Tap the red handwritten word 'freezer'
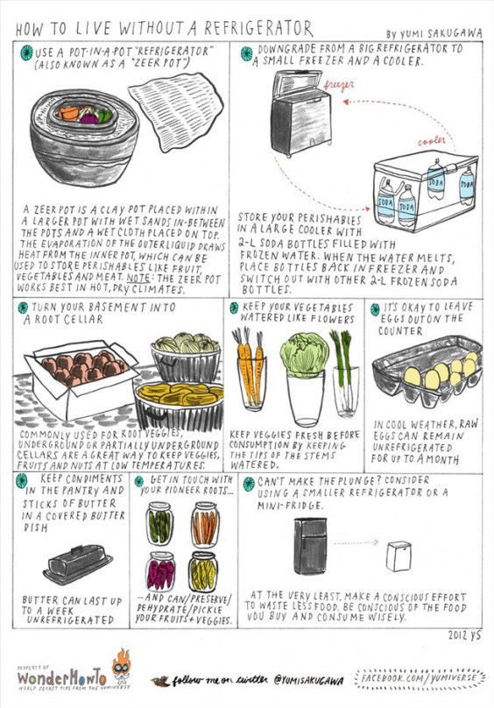[340, 88]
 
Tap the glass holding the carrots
[251, 386]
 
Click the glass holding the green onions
[344, 386]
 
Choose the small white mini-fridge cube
[399, 555]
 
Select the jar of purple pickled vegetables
[160, 572]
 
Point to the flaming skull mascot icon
[122, 668]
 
